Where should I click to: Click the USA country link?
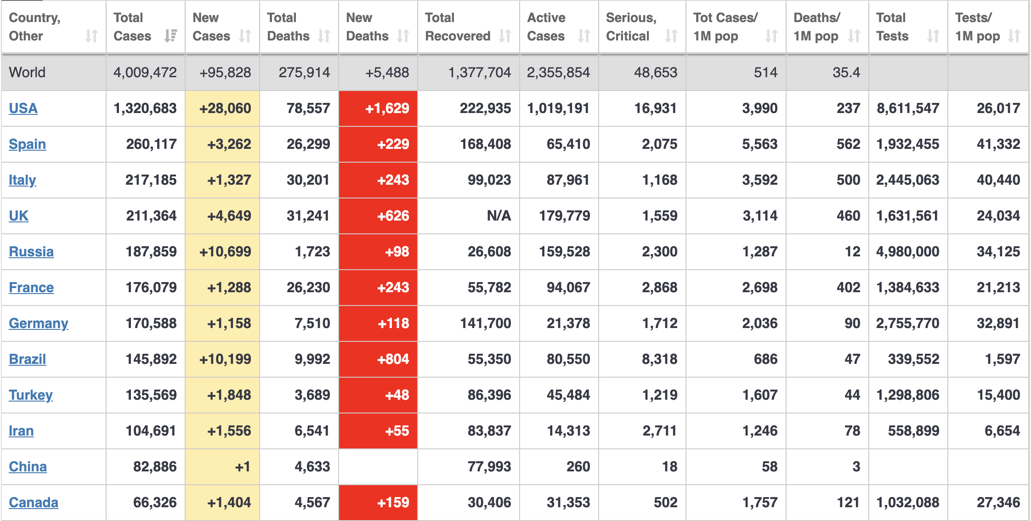click(23, 108)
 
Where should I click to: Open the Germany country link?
click(39, 323)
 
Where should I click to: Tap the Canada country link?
click(34, 503)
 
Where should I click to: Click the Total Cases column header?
click(132, 27)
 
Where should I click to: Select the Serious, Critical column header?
click(631, 27)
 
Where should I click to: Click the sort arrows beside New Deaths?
click(403, 36)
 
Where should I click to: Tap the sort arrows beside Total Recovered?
click(505, 36)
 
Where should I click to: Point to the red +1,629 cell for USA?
click(387, 108)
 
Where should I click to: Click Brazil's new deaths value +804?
click(393, 359)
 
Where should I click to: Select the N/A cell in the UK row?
click(499, 216)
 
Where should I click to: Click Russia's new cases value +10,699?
click(225, 252)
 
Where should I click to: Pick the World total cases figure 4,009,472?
click(145, 73)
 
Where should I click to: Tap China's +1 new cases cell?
click(243, 467)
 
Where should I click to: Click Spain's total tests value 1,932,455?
click(907, 144)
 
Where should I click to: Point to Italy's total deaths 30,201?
click(308, 180)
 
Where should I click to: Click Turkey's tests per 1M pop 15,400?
click(998, 395)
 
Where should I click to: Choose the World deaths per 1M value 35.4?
click(846, 73)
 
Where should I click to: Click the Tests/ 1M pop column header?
click(977, 27)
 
